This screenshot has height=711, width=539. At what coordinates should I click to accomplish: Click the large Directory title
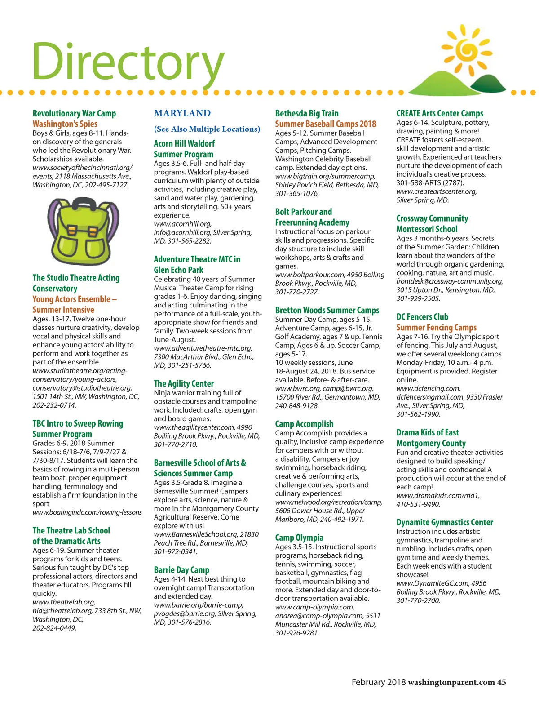coord(128,62)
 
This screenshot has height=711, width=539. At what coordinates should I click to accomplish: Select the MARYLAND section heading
coord(182,113)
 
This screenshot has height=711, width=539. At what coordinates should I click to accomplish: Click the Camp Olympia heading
coord(299,538)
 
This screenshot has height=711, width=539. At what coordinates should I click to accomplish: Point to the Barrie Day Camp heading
coord(181,570)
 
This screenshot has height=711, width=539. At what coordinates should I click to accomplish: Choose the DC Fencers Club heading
coord(422,317)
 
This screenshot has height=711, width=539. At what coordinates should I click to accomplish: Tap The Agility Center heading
coord(184,383)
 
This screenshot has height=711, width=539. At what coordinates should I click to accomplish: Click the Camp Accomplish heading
coord(304,424)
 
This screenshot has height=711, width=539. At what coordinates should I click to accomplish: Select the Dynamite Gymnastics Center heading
coord(445,522)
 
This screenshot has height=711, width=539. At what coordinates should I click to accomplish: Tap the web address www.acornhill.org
coord(182,224)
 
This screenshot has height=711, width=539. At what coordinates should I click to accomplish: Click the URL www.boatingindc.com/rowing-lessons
coord(87,512)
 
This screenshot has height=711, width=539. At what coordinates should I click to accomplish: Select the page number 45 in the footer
coord(501,682)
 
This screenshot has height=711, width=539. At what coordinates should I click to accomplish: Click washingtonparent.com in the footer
coord(451,682)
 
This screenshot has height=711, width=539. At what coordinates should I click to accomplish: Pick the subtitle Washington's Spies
coord(65,124)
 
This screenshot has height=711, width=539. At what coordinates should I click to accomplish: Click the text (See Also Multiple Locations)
coord(207,129)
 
